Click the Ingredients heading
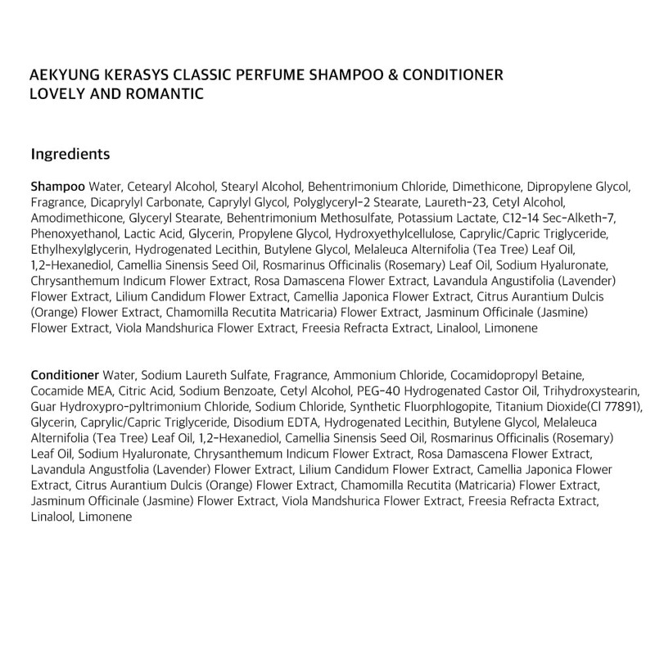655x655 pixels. (x=70, y=153)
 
